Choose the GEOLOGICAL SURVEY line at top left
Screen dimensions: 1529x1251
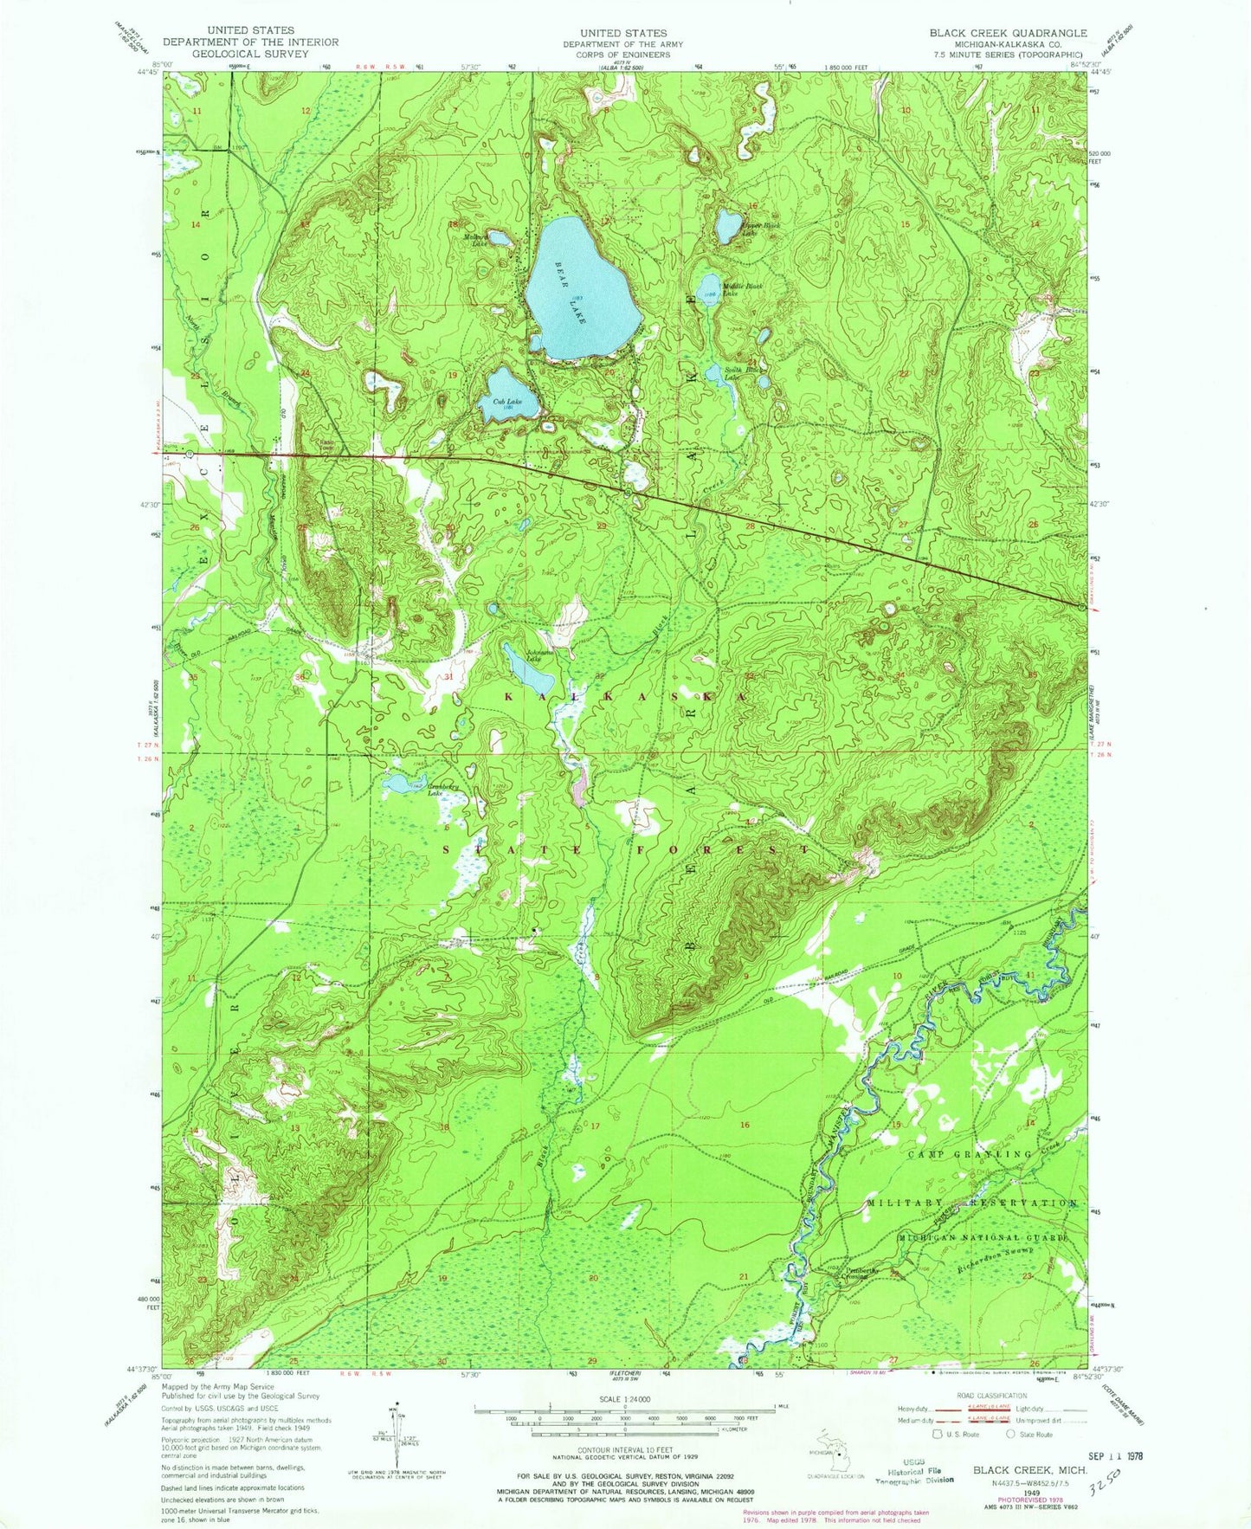[x=250, y=53]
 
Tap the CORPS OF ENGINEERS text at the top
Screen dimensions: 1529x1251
[x=623, y=54]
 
